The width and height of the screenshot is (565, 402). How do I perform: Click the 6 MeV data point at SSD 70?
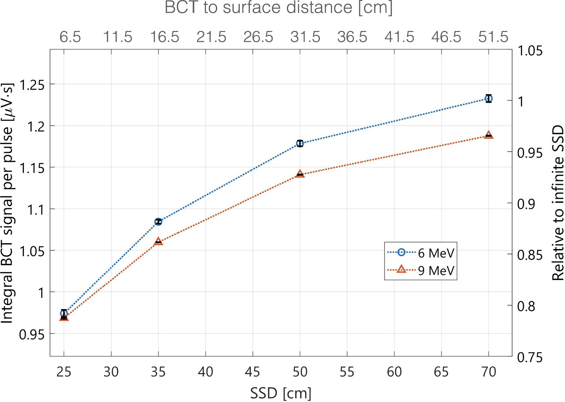(489, 99)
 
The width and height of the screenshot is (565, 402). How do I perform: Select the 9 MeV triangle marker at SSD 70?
(489, 135)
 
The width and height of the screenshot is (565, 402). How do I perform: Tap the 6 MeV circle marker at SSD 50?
(300, 144)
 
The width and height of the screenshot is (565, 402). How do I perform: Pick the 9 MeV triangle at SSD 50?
(300, 174)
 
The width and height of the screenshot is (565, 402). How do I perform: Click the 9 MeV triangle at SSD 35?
(158, 242)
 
